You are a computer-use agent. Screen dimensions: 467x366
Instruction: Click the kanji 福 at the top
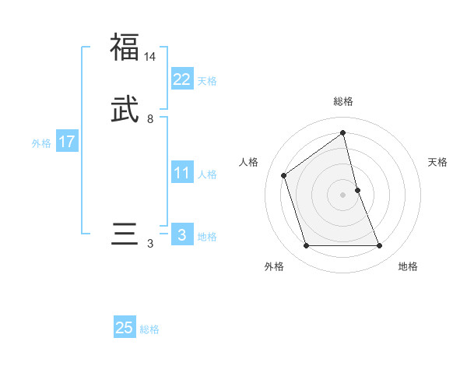125,47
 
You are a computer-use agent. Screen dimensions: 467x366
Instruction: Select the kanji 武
125,110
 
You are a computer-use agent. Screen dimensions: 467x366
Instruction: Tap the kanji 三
125,234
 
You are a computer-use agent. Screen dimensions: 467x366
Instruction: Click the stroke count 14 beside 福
150,57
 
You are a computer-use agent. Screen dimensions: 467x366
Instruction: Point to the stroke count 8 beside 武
150,119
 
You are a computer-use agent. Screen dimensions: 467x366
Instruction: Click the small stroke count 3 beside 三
150,244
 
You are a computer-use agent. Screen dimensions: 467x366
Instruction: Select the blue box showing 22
181,79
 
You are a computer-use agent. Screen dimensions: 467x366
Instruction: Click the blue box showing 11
181,172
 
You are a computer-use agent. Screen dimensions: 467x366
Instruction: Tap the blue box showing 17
66,142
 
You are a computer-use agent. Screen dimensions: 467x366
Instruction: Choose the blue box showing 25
125,328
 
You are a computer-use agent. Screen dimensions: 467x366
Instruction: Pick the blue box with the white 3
181,234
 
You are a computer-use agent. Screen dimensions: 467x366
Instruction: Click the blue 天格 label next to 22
207,81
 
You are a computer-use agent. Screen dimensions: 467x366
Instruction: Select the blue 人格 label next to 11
207,174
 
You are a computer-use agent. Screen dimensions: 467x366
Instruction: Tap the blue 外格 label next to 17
41,143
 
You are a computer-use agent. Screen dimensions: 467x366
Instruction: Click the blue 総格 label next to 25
149,330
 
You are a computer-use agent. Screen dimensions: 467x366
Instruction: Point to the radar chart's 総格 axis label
343,101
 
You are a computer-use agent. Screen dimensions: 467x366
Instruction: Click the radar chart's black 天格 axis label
438,162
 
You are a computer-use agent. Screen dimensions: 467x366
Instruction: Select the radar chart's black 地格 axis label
408,267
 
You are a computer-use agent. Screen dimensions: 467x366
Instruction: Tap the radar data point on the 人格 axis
284,175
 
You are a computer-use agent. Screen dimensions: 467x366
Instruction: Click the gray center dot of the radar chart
343,194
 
